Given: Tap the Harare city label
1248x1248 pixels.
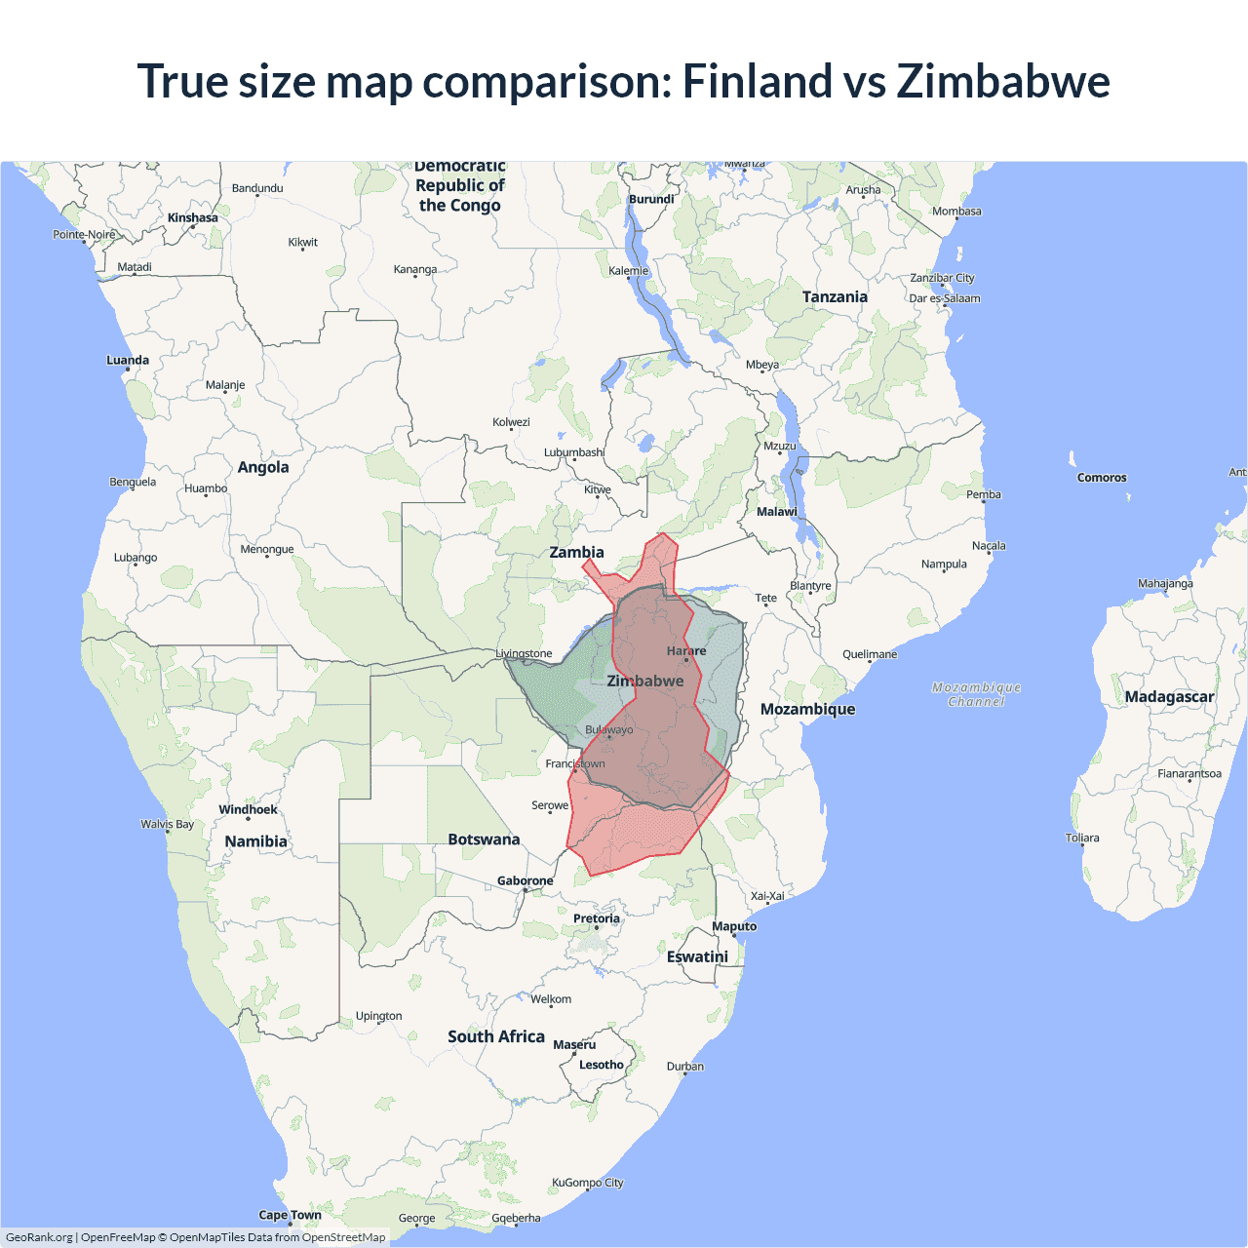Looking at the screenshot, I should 686,650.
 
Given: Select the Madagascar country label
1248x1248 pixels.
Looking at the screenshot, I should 1169,696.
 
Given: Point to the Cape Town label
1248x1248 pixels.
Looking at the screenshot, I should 290,1215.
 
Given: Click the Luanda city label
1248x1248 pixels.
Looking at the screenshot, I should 128,360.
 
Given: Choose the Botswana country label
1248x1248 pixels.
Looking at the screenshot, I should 484,839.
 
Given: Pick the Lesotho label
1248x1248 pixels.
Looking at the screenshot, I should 601,1065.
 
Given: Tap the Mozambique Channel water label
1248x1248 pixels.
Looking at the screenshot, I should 976,694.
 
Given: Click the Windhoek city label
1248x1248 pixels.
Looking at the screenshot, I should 248,809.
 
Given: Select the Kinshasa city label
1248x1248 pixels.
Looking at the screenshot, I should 192,217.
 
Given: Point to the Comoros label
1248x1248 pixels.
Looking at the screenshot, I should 1102,478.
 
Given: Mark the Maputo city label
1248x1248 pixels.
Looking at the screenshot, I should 734,926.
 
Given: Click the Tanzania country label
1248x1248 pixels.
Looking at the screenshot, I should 835,296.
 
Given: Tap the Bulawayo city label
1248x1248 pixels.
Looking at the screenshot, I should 609,729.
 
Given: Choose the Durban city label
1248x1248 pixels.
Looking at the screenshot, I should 685,1066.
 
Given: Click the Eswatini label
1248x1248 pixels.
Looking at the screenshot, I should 697,956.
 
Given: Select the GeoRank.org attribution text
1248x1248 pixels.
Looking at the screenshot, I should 39,1237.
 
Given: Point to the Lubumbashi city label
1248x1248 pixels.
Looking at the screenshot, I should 574,452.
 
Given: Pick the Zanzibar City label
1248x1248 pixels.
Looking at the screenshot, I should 942,278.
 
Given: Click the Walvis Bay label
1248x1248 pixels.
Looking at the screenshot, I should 167,824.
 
